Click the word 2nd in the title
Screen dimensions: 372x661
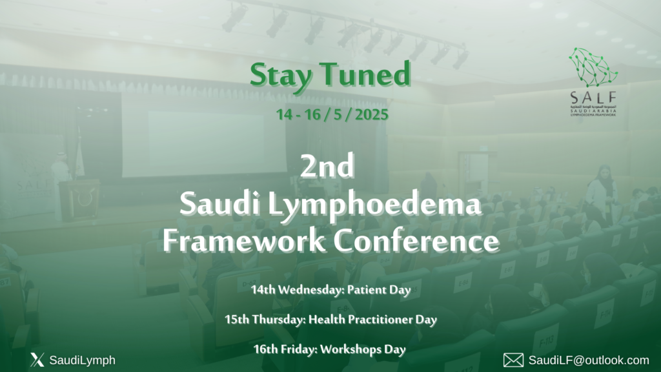(x=328, y=169)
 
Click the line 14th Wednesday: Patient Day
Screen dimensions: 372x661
(x=331, y=289)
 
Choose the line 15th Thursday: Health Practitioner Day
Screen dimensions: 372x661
(x=331, y=319)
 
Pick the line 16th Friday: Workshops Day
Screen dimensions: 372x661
(x=331, y=349)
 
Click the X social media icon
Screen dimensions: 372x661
(x=37, y=360)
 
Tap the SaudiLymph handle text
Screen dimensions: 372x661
(x=82, y=360)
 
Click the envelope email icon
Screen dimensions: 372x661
(x=513, y=360)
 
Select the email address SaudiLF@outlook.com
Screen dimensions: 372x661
(x=589, y=360)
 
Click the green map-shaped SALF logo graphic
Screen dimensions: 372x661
(x=593, y=67)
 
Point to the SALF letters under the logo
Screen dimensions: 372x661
(x=593, y=97)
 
